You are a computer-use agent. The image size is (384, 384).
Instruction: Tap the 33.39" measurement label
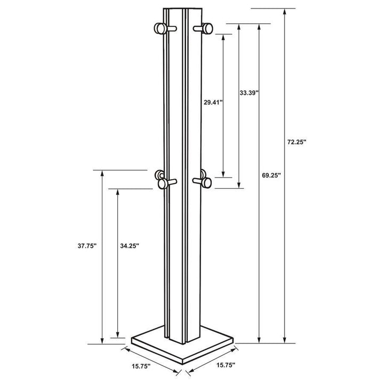coord(249,93)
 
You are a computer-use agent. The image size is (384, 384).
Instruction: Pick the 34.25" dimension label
coord(129,246)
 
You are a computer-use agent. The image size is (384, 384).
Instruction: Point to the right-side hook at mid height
coord(205,182)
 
